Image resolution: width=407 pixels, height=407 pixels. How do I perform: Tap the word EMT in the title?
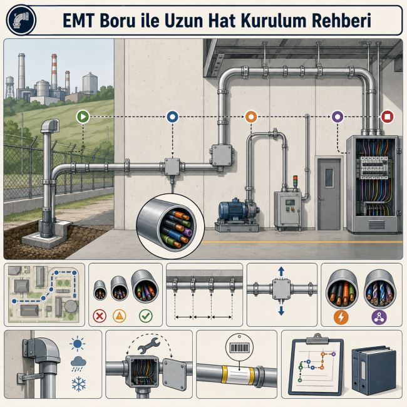tap(78, 21)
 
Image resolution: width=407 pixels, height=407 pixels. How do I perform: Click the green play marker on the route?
tap(83, 116)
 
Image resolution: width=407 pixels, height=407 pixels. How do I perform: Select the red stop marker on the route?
tap(387, 116)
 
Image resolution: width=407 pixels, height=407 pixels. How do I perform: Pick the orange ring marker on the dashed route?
tap(251, 116)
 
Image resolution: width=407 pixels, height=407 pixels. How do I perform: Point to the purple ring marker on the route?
tap(337, 116)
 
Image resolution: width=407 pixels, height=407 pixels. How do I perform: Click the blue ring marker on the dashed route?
tap(172, 116)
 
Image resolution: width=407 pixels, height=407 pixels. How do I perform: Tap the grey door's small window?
tap(329, 178)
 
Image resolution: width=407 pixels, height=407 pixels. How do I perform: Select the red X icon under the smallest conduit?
tap(100, 316)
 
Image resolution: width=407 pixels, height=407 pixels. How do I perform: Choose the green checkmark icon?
tap(146, 316)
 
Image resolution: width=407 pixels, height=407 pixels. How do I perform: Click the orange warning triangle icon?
tap(120, 316)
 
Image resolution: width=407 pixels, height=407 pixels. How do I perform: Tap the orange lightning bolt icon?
tap(341, 317)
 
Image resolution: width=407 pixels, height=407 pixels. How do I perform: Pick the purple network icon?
tap(379, 317)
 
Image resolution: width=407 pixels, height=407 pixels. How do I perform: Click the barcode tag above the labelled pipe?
tap(239, 348)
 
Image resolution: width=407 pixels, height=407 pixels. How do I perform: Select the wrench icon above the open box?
tap(149, 345)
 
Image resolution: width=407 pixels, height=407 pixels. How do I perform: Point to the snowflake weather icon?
tap(79, 384)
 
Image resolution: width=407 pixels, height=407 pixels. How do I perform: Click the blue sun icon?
tap(78, 344)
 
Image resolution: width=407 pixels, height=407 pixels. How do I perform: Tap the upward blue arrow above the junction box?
tap(281, 272)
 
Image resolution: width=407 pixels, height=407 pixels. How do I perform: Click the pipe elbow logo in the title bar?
tap(21, 20)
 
